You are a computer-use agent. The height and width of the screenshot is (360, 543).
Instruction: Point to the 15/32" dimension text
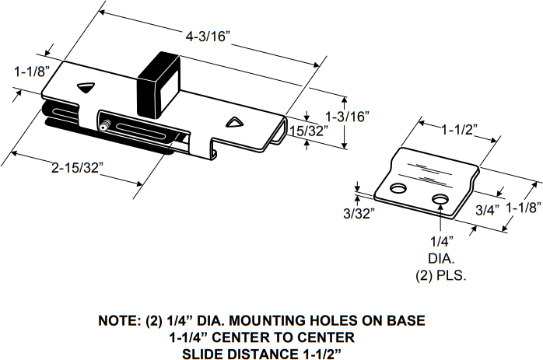(x=304, y=132)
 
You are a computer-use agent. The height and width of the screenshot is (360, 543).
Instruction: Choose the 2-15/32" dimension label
(x=77, y=167)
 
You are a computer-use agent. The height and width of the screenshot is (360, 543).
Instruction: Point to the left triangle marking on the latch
(x=86, y=87)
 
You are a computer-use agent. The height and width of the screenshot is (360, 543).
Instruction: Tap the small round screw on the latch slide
(x=103, y=126)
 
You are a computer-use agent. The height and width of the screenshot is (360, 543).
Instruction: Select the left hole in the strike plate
(x=399, y=189)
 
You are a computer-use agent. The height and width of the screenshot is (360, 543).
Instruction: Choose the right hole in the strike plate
(x=440, y=199)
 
